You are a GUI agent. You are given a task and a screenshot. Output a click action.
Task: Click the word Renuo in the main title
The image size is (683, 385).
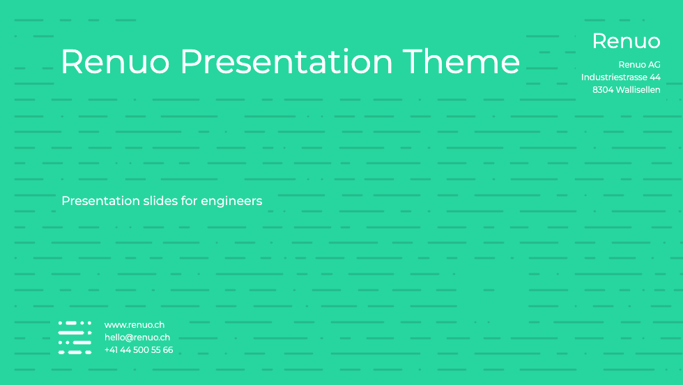(x=115, y=61)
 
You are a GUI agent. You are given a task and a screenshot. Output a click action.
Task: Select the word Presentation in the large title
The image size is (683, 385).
(x=286, y=61)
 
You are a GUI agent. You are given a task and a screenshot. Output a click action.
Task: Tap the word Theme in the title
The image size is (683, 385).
(x=461, y=61)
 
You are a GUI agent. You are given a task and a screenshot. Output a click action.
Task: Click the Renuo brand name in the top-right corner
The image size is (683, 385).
(x=627, y=41)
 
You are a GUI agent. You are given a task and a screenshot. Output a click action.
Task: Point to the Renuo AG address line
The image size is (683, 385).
(x=640, y=65)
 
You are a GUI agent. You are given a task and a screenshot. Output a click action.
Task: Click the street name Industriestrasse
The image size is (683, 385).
(x=614, y=77)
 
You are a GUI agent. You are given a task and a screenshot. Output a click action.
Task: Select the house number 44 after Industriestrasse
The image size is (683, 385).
(x=655, y=77)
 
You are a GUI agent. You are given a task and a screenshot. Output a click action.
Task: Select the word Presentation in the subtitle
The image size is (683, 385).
(x=101, y=201)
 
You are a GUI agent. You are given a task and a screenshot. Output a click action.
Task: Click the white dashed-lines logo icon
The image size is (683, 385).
(x=75, y=338)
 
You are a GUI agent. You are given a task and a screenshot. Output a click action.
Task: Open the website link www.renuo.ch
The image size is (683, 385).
(x=135, y=325)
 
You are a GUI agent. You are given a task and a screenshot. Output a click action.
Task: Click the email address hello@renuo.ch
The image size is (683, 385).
(x=137, y=338)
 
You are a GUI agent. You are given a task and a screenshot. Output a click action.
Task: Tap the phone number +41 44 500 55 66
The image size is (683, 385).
(x=139, y=350)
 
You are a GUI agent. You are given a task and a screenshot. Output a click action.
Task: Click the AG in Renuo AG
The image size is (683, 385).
(x=654, y=65)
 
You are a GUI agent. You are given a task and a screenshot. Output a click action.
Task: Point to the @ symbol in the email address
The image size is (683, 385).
(x=130, y=338)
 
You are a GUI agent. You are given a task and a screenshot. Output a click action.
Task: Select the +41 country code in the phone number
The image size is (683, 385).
(x=111, y=350)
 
